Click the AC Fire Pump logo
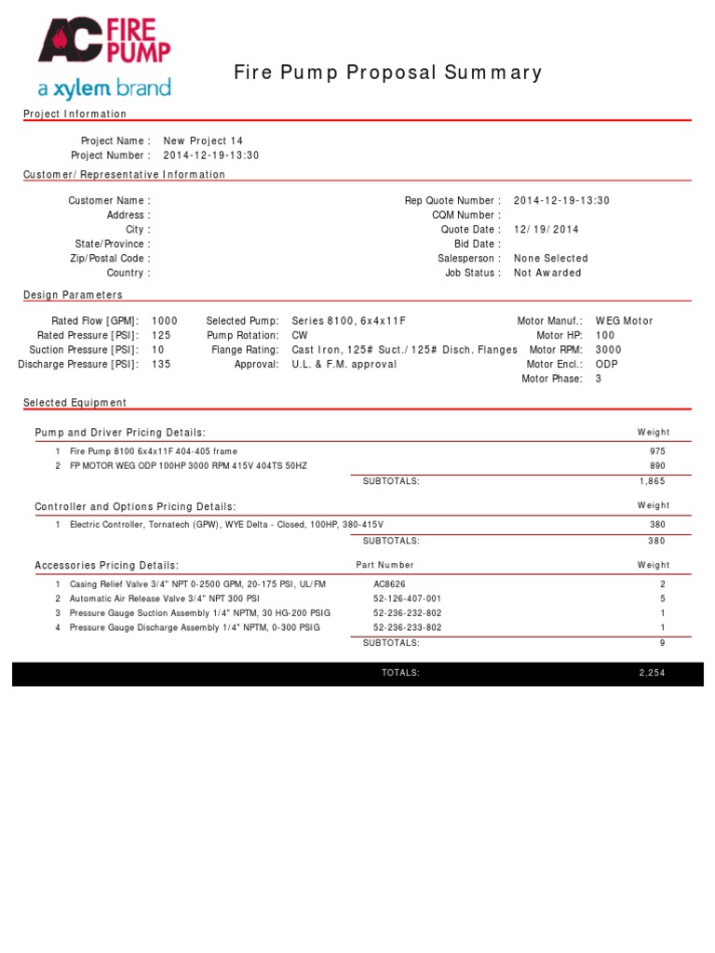(x=104, y=59)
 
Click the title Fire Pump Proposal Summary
(x=387, y=73)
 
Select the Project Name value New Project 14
(x=203, y=141)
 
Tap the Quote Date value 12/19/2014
(x=546, y=229)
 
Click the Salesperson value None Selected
(x=551, y=258)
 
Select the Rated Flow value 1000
(x=165, y=320)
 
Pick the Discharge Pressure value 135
(x=161, y=364)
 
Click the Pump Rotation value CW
(x=300, y=335)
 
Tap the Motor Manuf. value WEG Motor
(x=625, y=320)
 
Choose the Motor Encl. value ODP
(x=607, y=364)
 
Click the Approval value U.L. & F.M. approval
(x=344, y=364)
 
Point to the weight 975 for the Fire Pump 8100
(x=657, y=450)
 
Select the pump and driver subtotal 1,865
(x=652, y=481)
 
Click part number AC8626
(x=390, y=584)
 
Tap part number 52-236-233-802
(x=408, y=627)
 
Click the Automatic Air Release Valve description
(x=158, y=598)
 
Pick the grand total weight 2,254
(x=652, y=672)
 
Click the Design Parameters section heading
(x=73, y=295)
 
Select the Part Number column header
(x=385, y=565)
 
